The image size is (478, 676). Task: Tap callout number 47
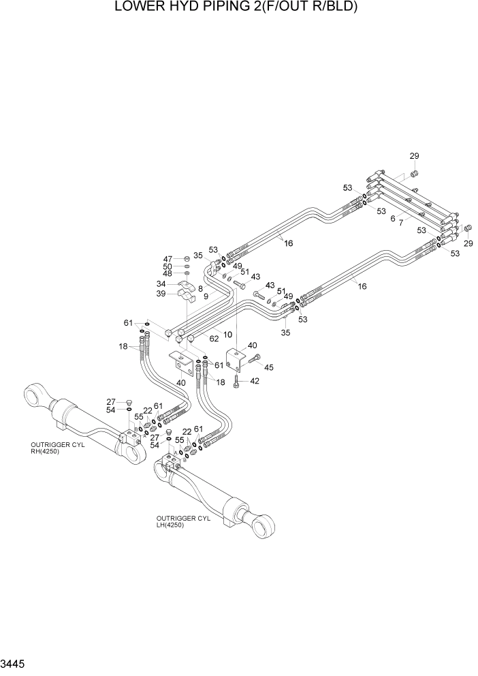click(x=168, y=258)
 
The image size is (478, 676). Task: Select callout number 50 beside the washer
click(x=168, y=266)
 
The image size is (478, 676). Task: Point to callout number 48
click(x=168, y=273)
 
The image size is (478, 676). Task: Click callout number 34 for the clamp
click(x=161, y=284)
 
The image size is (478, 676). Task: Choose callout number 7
click(x=400, y=223)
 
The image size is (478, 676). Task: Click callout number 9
click(x=205, y=296)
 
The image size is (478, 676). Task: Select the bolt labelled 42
click(x=236, y=383)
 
